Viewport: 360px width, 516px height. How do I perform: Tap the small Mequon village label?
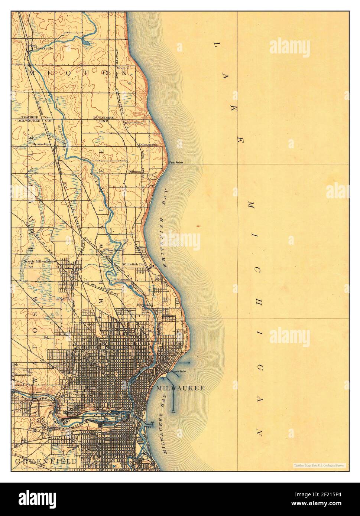123,68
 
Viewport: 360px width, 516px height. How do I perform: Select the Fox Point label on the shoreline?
176,163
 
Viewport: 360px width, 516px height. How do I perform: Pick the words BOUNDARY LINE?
101,119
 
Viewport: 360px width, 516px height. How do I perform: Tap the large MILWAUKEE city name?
180,388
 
